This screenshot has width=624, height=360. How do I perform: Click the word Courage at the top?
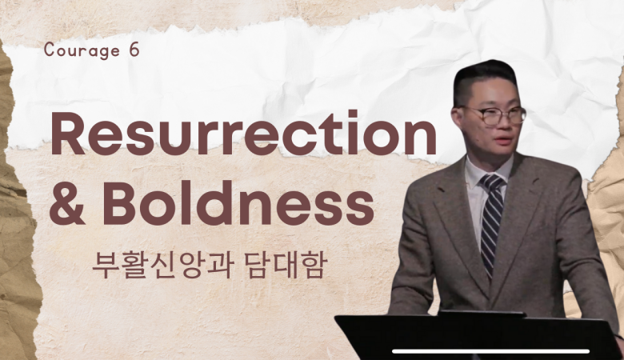(82, 51)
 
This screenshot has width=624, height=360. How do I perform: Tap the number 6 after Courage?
(134, 50)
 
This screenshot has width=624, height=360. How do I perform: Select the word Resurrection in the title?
(243, 134)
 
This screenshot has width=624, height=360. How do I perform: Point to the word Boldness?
(238, 202)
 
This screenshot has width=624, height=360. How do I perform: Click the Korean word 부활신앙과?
(162, 265)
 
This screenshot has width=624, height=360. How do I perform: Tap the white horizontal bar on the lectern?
(490, 351)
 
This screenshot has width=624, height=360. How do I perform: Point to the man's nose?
(502, 126)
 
